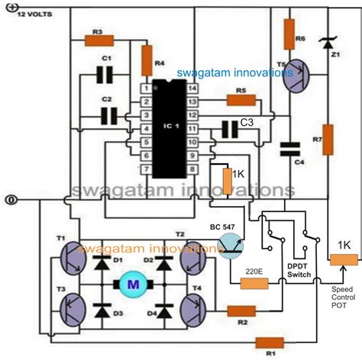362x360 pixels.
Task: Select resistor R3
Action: [x=98, y=40]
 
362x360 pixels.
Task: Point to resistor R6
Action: [x=289, y=33]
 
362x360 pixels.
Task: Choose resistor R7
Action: [x=328, y=139]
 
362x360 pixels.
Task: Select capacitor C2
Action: [x=109, y=114]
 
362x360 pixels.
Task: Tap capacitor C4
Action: [x=289, y=147]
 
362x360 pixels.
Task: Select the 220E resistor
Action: [x=254, y=284]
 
